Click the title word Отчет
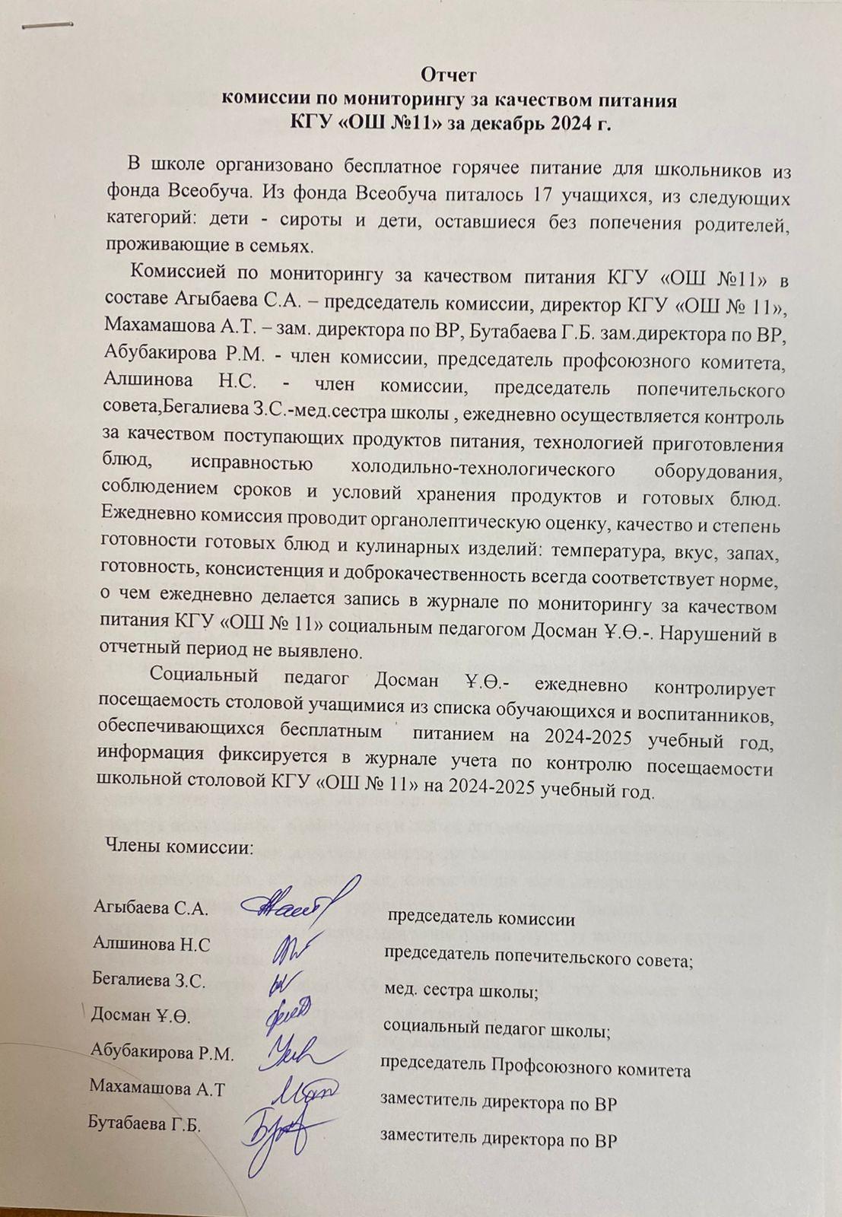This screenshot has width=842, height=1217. click(x=449, y=75)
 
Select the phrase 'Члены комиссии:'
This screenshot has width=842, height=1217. click(x=180, y=847)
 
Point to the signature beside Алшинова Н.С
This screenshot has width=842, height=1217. click(x=289, y=945)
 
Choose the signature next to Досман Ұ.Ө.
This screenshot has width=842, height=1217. click(x=288, y=1015)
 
